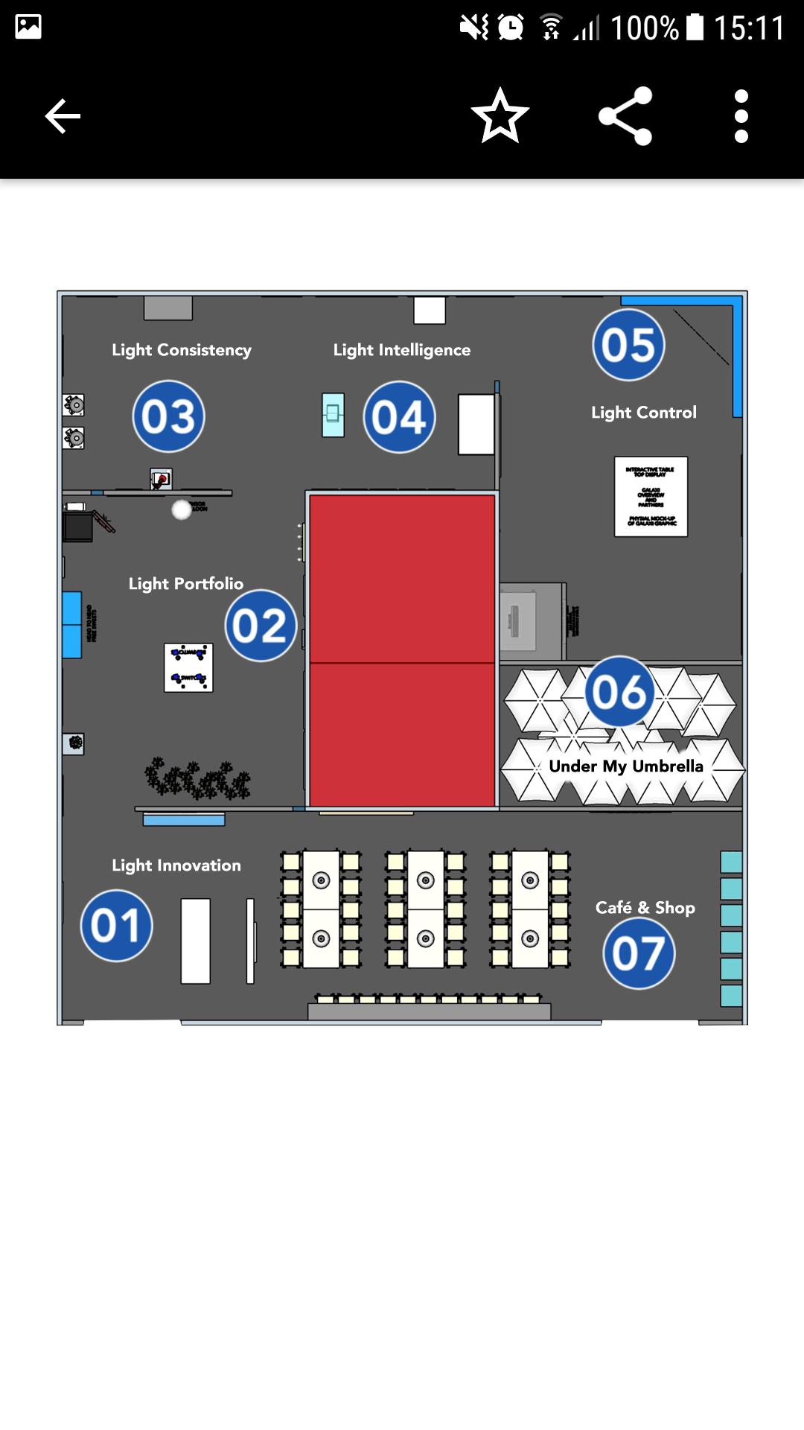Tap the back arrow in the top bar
pos(63,116)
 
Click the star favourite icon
pos(500,116)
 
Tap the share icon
pos(625,116)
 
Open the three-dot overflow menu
pos(741,116)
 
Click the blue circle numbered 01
pos(116,926)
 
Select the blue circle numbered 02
pos(261,626)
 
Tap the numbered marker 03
pos(168,416)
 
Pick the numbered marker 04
pos(400,417)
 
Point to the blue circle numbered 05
pos(628,345)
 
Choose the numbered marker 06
pos(619,692)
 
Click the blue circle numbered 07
pos(639,953)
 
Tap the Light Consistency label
pos(182,350)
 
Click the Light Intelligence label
pos(402,350)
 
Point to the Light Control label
pos(644,413)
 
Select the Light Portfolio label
pos(185,584)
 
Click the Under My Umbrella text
pos(626,766)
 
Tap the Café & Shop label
pos(645,908)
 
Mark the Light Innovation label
pos(176,865)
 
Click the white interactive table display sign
pos(651,497)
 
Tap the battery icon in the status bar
pos(695,28)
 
